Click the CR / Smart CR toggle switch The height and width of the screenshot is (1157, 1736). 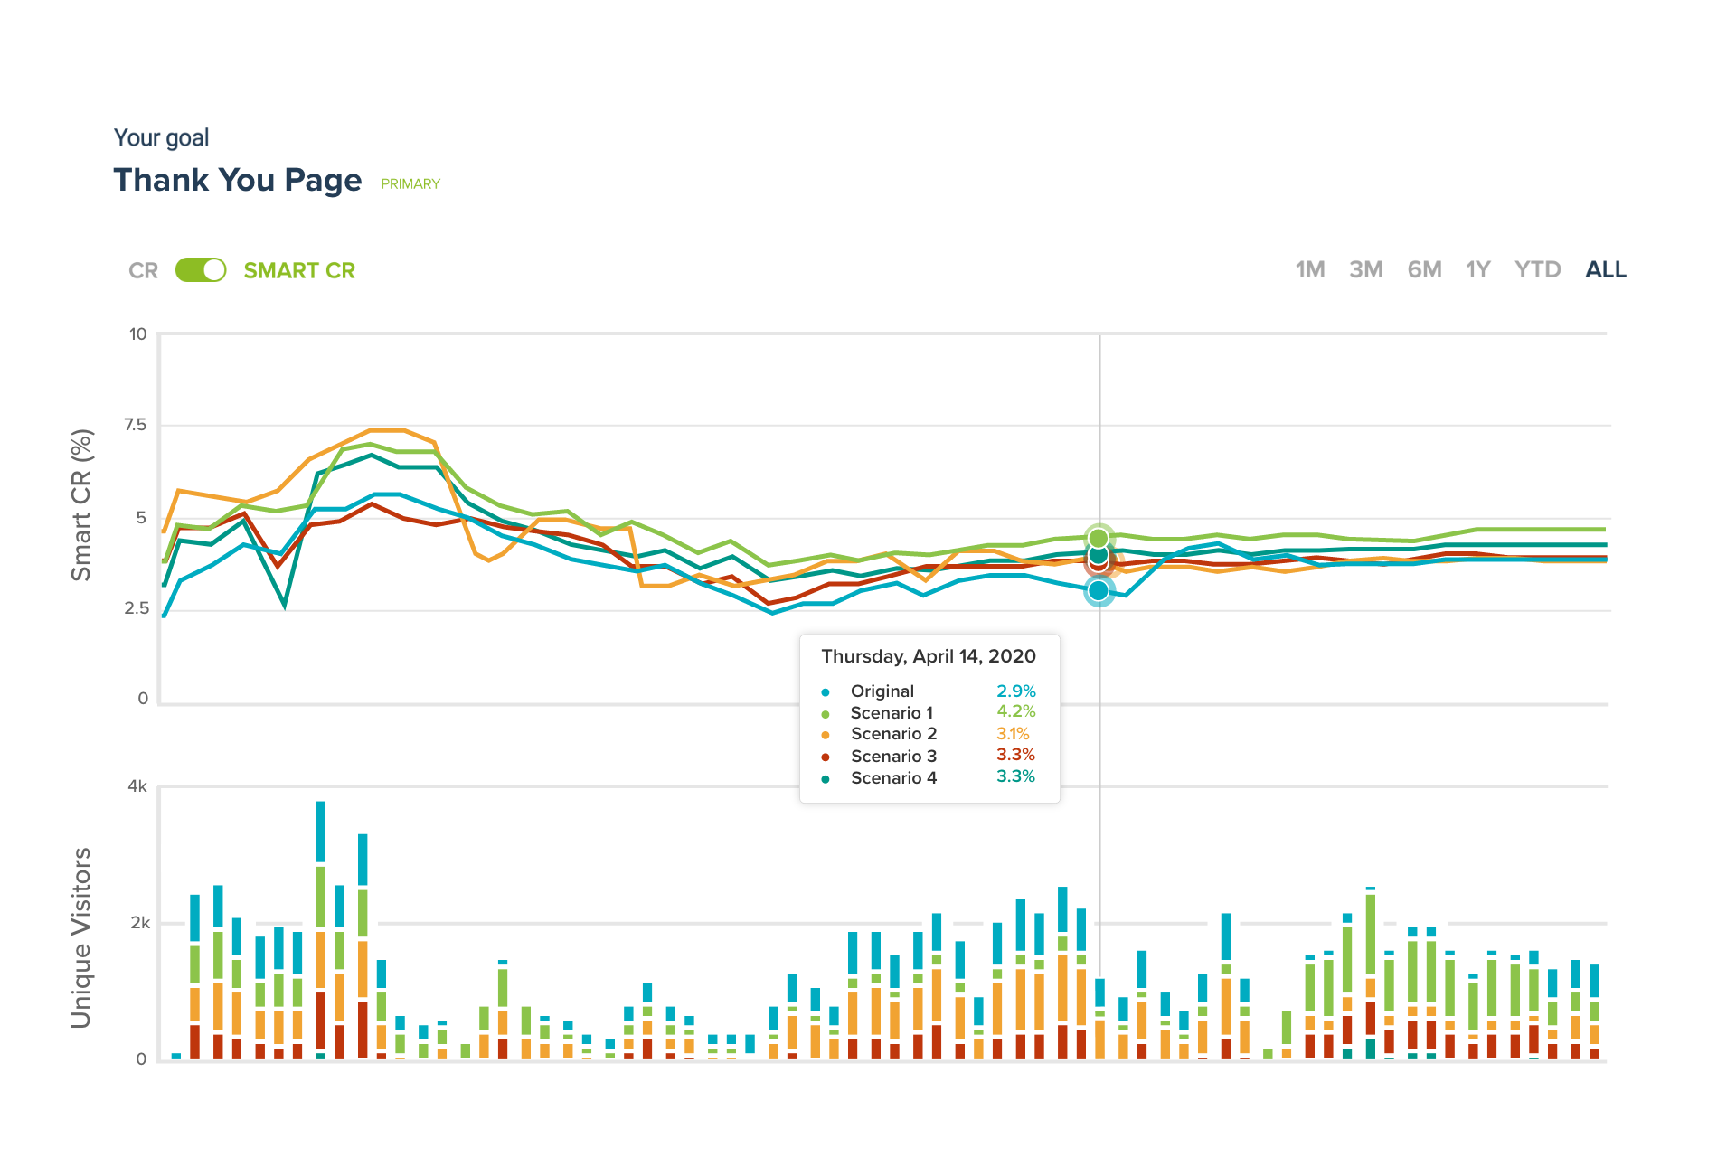click(x=201, y=270)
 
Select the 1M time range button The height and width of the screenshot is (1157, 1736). click(x=1309, y=270)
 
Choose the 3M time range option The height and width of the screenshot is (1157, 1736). click(x=1365, y=270)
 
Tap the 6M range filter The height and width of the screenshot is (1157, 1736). click(x=1424, y=270)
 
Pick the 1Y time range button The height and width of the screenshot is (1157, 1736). click(x=1477, y=270)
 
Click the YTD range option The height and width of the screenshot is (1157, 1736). click(x=1537, y=270)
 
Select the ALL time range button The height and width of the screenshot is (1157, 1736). click(x=1605, y=270)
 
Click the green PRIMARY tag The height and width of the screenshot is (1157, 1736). click(x=410, y=183)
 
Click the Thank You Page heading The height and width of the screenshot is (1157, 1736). click(x=238, y=180)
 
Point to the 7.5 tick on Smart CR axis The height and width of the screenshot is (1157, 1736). click(x=136, y=425)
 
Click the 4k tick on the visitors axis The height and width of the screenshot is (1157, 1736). click(x=137, y=786)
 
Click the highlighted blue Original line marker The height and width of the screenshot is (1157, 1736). click(x=1099, y=590)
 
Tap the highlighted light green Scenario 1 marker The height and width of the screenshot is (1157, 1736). click(x=1099, y=538)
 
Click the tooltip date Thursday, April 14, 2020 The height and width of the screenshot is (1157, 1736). click(x=928, y=656)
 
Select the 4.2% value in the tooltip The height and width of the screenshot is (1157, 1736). click(x=1015, y=711)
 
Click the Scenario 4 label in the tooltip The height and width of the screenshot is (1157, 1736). click(x=893, y=777)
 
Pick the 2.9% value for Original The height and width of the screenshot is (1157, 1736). click(x=1015, y=691)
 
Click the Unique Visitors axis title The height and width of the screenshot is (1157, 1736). click(x=81, y=937)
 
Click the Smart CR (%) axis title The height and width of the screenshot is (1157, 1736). click(x=81, y=504)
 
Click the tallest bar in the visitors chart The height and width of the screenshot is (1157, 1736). click(x=321, y=931)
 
